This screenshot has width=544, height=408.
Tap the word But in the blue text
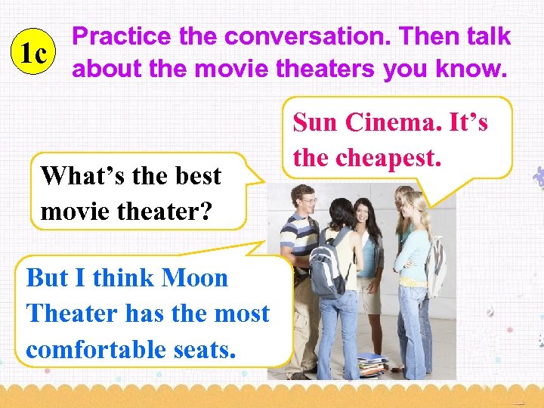point(47,277)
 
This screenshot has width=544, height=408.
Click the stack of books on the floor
point(372,366)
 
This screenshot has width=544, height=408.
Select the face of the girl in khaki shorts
point(369,212)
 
